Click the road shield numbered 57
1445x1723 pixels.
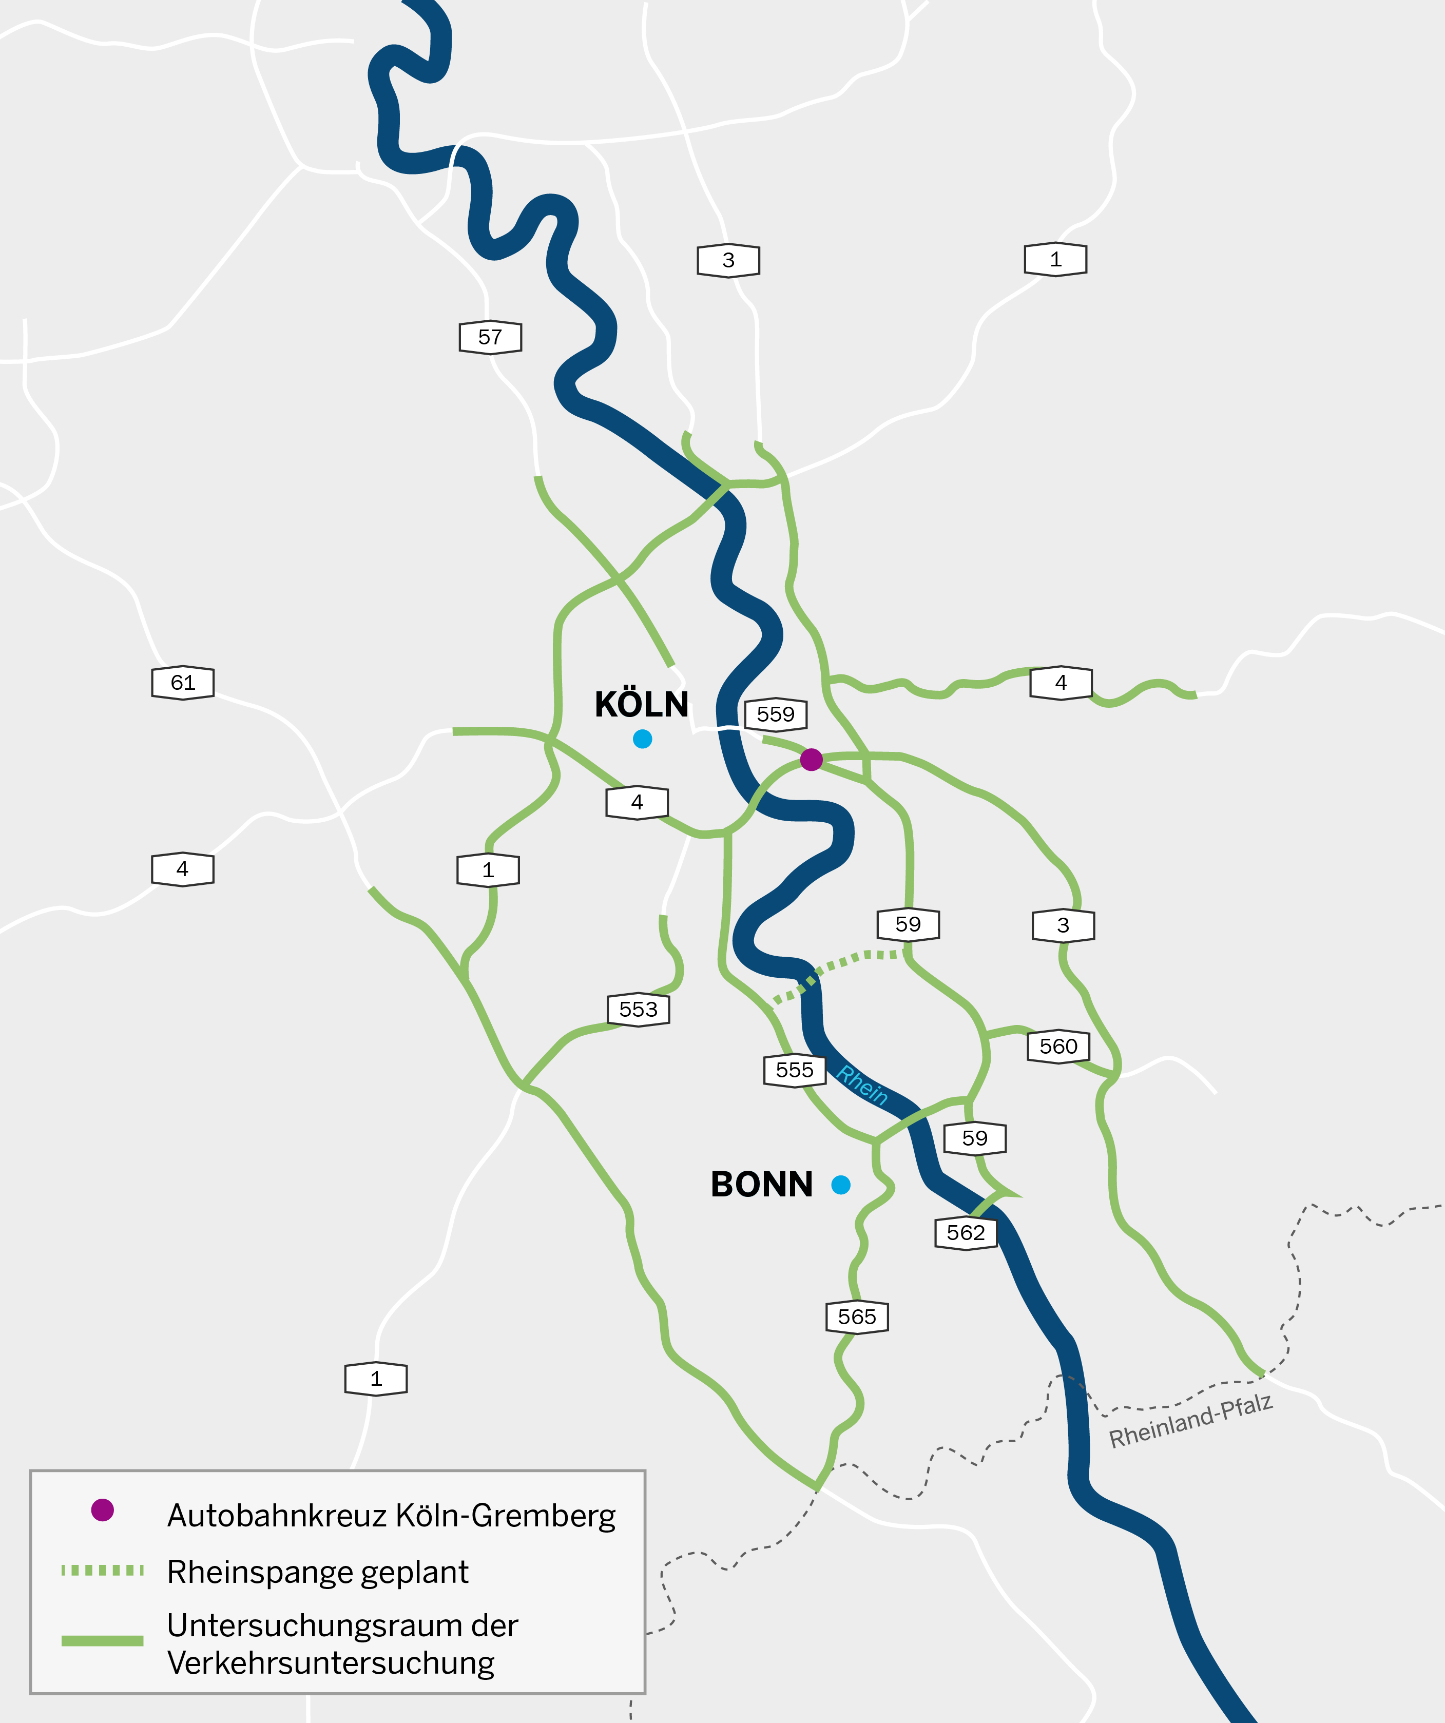coord(490,337)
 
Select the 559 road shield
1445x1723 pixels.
coord(776,714)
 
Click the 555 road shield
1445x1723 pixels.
coord(794,1070)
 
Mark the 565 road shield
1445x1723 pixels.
coord(857,1317)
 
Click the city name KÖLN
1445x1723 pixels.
coord(641,705)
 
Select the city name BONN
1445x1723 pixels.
coord(761,1185)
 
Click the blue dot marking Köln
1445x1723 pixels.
coord(643,739)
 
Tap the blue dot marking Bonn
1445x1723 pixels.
coord(840,1185)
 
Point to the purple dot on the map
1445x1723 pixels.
coord(811,760)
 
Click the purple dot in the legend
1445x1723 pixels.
coord(103,1509)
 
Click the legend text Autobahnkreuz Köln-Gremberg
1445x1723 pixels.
coord(391,1516)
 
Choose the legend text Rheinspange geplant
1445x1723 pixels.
coord(318,1572)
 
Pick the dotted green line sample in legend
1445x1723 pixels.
coord(103,1571)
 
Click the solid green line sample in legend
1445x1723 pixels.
coord(103,1641)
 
